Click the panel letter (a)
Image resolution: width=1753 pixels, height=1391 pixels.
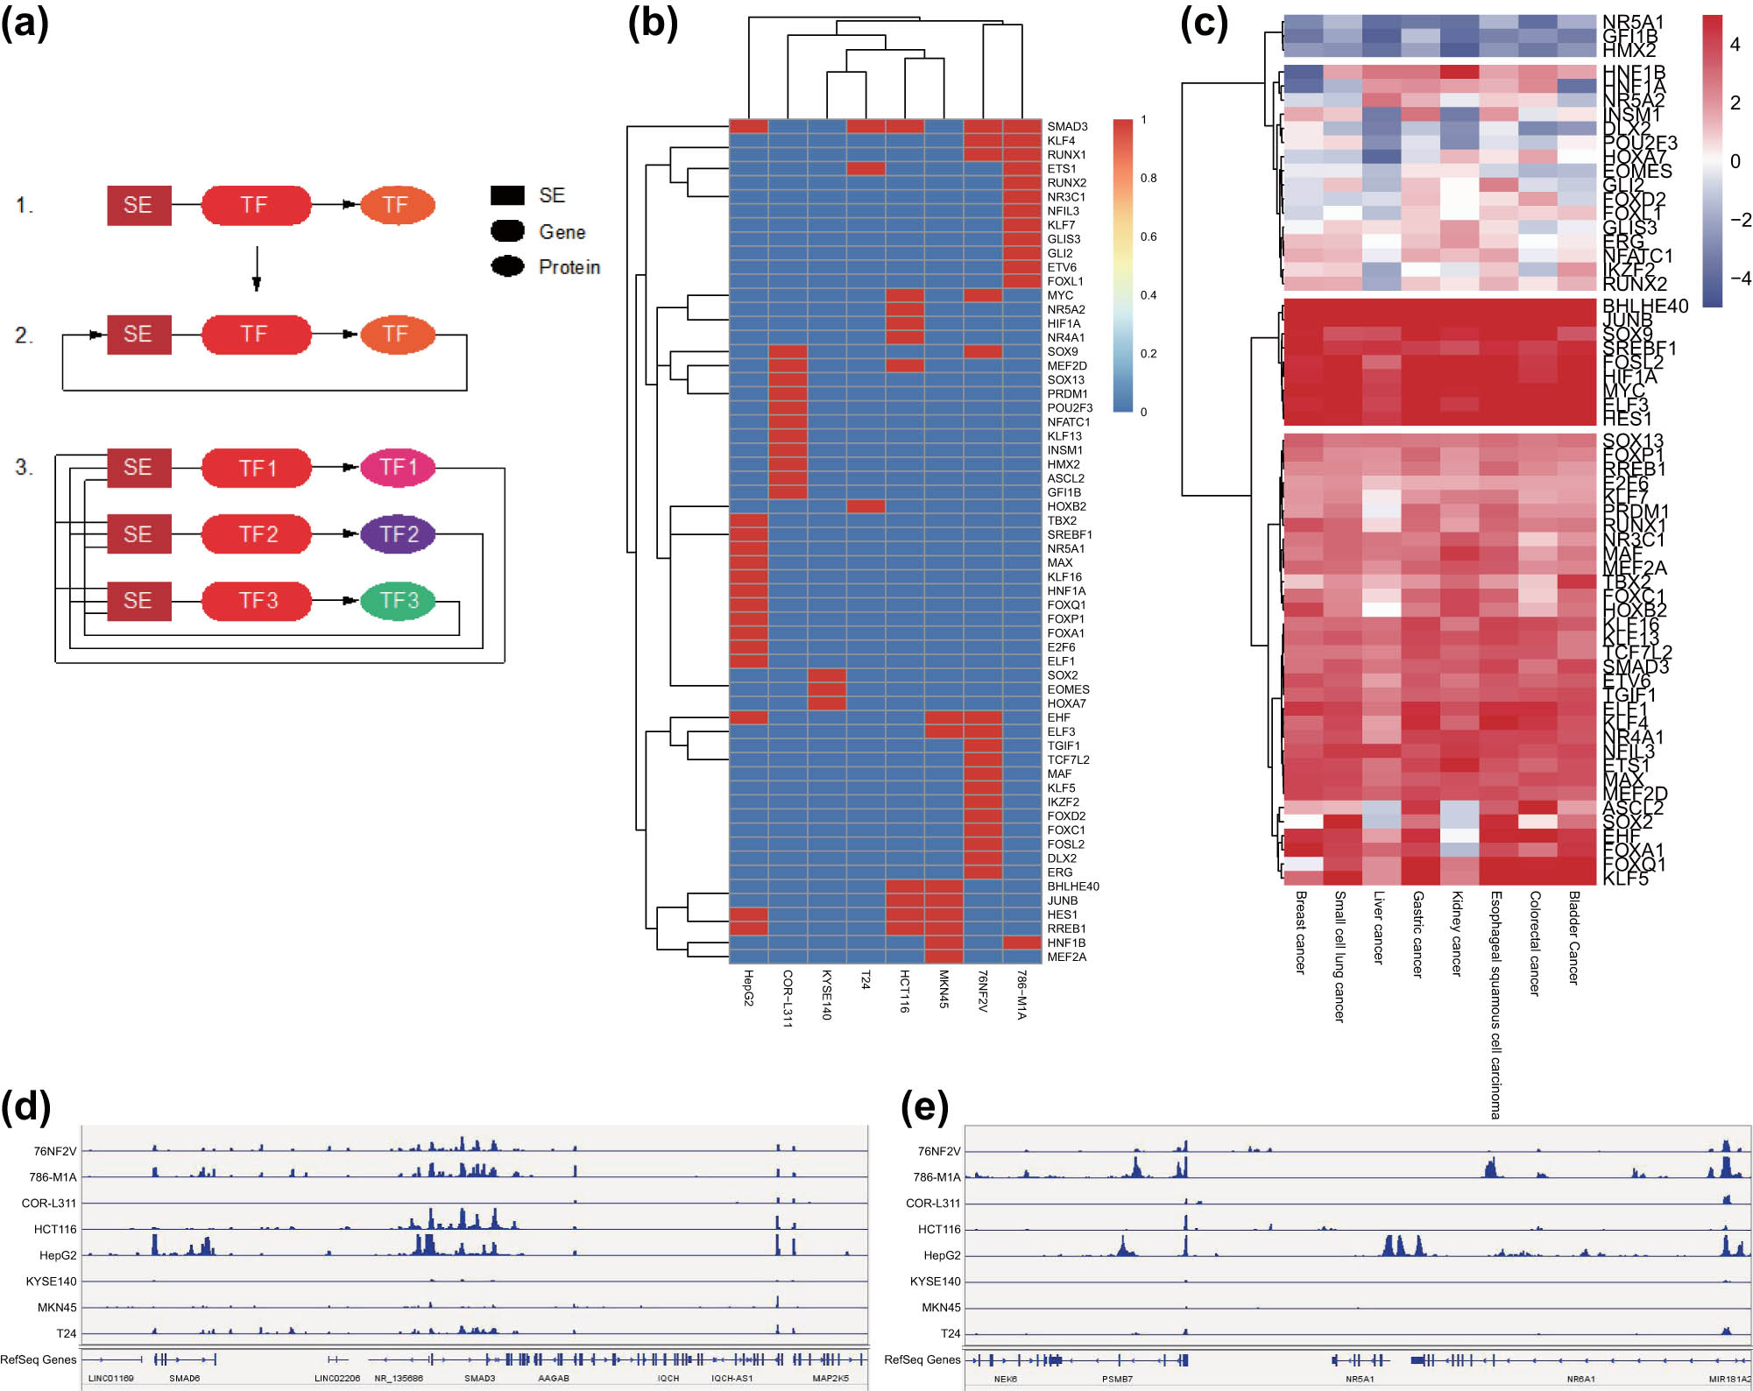[x=25, y=24]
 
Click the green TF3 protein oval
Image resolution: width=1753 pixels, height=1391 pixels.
[x=398, y=601]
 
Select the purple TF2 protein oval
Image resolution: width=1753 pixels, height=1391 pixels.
[x=398, y=534]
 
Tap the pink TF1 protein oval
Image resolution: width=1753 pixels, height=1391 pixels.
[x=398, y=468]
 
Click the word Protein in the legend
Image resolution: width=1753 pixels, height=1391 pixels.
[x=569, y=267]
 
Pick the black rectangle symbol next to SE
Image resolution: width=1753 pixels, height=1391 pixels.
[x=507, y=195]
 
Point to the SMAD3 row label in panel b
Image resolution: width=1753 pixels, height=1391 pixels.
[x=1067, y=127]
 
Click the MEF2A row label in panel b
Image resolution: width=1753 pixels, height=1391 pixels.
[x=1066, y=957]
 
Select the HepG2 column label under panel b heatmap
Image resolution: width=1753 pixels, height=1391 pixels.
[x=748, y=988]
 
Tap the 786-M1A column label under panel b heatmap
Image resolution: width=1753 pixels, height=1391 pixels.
[x=1021, y=994]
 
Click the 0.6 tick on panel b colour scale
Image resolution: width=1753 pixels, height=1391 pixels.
[x=1148, y=237]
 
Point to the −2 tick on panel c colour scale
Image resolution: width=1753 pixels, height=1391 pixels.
[x=1739, y=220]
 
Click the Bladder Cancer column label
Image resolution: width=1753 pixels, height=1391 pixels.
[x=1573, y=938]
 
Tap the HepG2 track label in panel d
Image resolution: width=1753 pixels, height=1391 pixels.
[x=58, y=1255]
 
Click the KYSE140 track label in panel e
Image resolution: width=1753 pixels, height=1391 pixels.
[x=935, y=1282]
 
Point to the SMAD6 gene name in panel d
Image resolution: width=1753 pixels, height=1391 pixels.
[x=184, y=1379]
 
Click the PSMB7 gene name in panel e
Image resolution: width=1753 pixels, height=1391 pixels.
[x=1117, y=1379]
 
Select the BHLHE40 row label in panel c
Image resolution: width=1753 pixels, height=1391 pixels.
[x=1644, y=307]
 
